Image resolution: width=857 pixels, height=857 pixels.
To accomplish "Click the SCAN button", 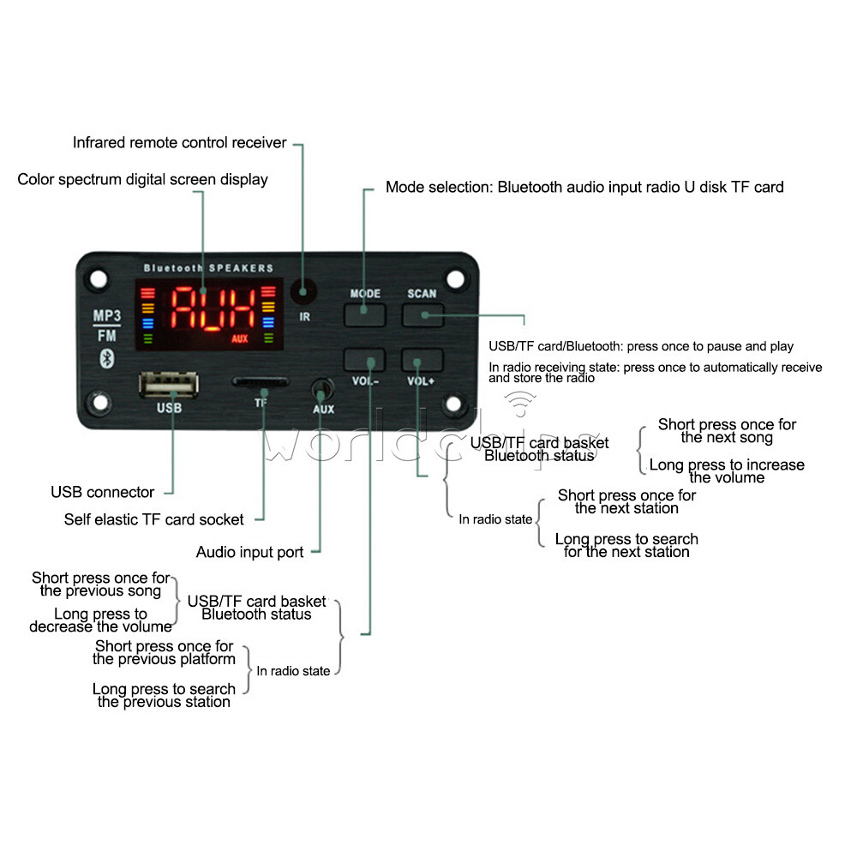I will click(x=422, y=314).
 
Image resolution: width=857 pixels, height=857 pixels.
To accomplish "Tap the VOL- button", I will click(x=364, y=360).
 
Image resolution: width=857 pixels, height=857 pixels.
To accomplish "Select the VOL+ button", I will click(x=422, y=360).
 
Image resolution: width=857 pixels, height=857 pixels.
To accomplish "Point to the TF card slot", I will click(x=261, y=383).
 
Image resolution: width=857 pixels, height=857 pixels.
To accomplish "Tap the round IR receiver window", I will click(x=302, y=293).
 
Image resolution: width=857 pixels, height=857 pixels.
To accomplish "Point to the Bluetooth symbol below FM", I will click(x=107, y=357).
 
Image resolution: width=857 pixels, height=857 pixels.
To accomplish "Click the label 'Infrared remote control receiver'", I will click(x=179, y=143).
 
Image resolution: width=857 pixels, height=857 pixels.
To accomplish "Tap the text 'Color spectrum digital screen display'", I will click(x=142, y=180).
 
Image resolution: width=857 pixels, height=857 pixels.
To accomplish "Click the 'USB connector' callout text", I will click(x=102, y=493).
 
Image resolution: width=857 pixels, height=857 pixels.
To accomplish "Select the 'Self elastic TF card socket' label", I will click(x=153, y=520).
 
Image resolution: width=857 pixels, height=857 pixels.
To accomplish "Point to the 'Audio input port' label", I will click(x=249, y=553).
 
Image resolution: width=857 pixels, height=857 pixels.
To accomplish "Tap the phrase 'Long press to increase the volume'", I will click(x=726, y=471).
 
